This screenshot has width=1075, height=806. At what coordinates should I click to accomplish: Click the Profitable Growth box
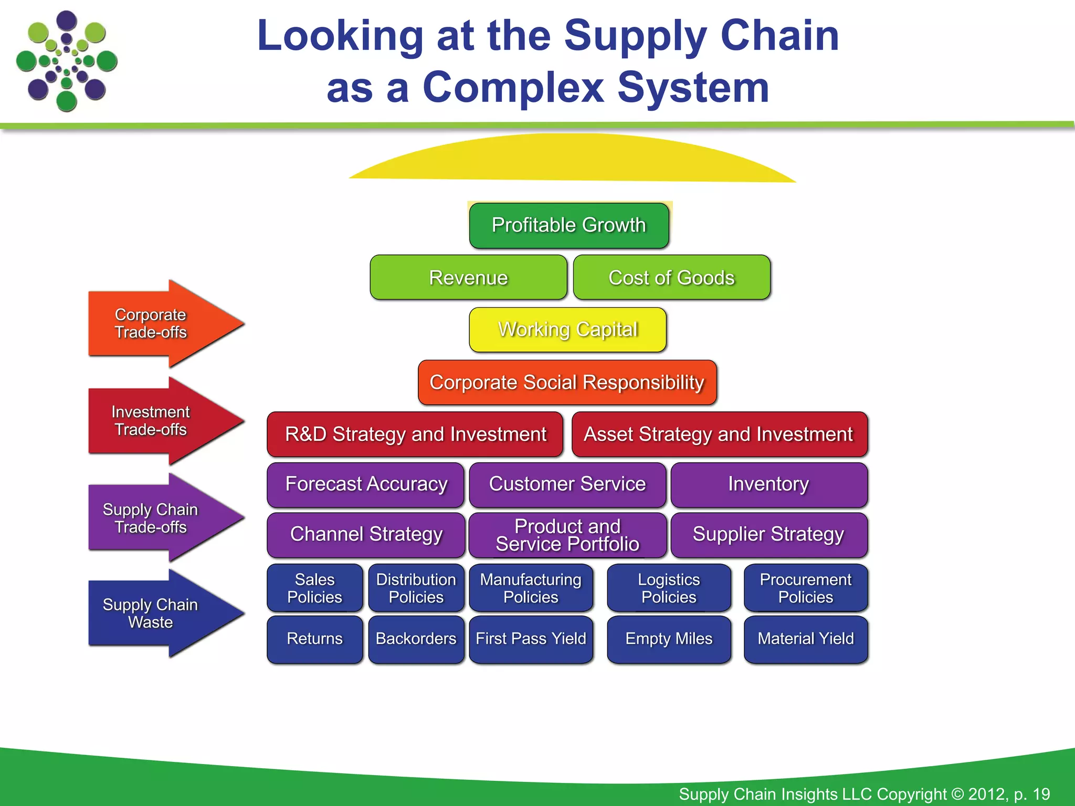click(x=569, y=226)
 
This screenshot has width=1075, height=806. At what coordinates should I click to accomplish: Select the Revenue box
click(x=468, y=278)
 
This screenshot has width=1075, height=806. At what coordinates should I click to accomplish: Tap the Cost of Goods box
click(x=671, y=278)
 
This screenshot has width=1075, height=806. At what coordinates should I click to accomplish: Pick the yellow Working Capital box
click(x=567, y=330)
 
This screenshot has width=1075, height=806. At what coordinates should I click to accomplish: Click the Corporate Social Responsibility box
click(x=567, y=382)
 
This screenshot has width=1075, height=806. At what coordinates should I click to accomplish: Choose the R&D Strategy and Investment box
click(x=415, y=434)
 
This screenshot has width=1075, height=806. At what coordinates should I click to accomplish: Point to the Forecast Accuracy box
click(x=366, y=484)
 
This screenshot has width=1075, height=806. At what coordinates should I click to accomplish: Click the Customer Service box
click(x=567, y=484)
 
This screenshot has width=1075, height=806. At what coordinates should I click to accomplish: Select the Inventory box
click(x=768, y=484)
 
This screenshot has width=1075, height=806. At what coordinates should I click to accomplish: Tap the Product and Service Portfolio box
click(x=567, y=535)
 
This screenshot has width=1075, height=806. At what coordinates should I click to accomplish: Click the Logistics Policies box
click(x=669, y=588)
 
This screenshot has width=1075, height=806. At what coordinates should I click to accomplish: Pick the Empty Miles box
click(x=669, y=639)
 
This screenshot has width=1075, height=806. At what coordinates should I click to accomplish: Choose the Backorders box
click(x=416, y=639)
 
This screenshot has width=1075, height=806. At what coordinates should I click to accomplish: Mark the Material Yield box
click(x=805, y=639)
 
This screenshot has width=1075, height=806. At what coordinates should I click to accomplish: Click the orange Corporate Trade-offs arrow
click(x=157, y=324)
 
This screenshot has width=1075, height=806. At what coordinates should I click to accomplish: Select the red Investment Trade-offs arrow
click(x=157, y=421)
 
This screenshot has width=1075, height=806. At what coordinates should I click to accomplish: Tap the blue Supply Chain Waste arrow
click(x=157, y=613)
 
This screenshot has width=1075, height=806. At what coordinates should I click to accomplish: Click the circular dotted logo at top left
click(x=67, y=61)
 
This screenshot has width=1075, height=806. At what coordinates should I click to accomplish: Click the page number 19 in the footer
click(x=1041, y=794)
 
